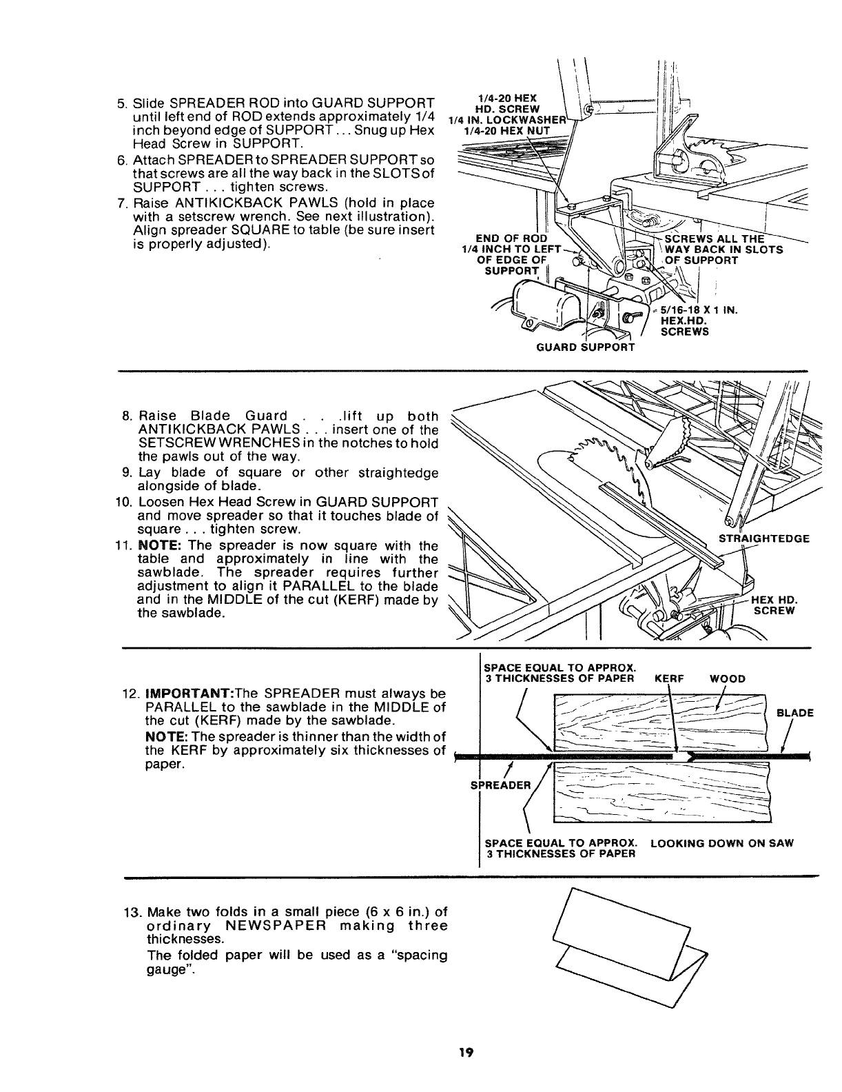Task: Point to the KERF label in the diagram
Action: pos(668,678)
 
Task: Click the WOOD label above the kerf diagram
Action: pos(727,678)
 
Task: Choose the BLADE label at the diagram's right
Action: pos(795,713)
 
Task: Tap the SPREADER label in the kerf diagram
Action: pos(501,785)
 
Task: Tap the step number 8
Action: pos(127,416)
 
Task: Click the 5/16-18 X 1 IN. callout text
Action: pos(699,310)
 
